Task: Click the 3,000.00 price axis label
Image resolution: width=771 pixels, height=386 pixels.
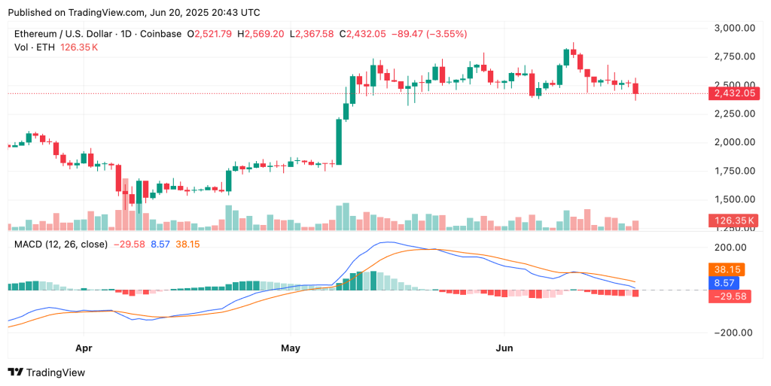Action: coord(734,28)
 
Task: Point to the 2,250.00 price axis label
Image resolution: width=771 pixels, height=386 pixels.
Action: coord(734,114)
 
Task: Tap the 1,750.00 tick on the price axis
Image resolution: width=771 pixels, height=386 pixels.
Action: coord(734,171)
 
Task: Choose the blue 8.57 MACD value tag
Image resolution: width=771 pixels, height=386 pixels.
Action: coord(724,283)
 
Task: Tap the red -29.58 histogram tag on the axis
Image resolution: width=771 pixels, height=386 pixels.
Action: coord(728,296)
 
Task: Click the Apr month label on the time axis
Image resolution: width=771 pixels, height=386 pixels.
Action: coord(84,348)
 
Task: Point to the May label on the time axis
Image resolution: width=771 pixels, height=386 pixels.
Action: coord(291,348)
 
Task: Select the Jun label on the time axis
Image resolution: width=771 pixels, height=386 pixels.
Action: coord(505,348)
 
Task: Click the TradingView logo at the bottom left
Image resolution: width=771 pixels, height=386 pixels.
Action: coord(47,372)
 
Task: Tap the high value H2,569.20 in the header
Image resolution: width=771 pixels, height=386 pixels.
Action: coord(261,34)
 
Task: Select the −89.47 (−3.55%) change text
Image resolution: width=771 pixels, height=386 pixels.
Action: coord(422,34)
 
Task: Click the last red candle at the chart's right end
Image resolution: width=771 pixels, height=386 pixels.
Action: coord(636,89)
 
